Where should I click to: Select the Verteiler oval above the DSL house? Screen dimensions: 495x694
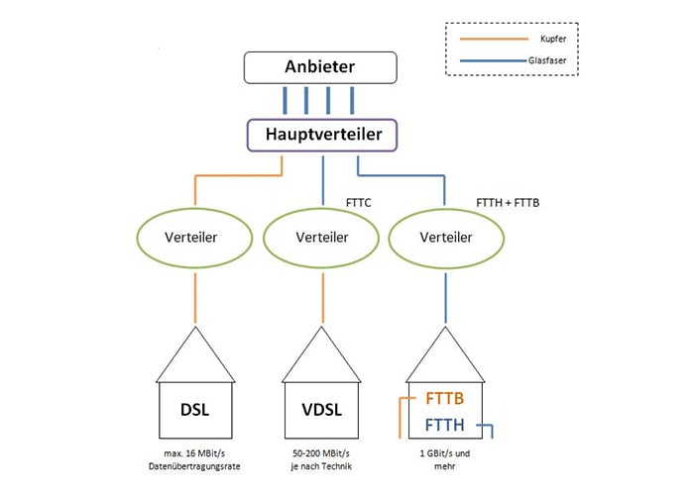(x=194, y=238)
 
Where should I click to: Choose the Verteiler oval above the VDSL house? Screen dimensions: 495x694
(x=323, y=238)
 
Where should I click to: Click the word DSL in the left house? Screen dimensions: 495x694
(x=194, y=409)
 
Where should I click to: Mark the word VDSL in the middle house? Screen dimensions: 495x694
(x=323, y=409)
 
